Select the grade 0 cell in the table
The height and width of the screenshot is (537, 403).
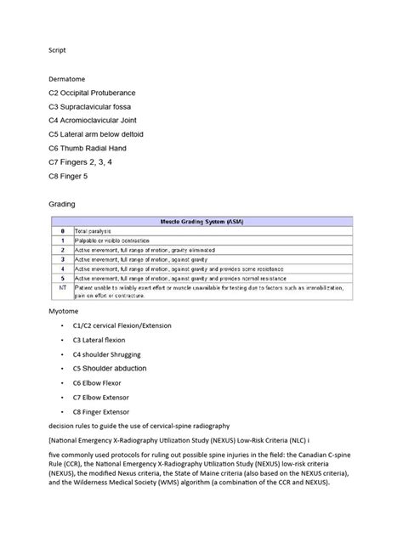[61, 230]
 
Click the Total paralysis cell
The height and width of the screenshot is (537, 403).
[97, 230]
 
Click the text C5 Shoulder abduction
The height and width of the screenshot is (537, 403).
[110, 368]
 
